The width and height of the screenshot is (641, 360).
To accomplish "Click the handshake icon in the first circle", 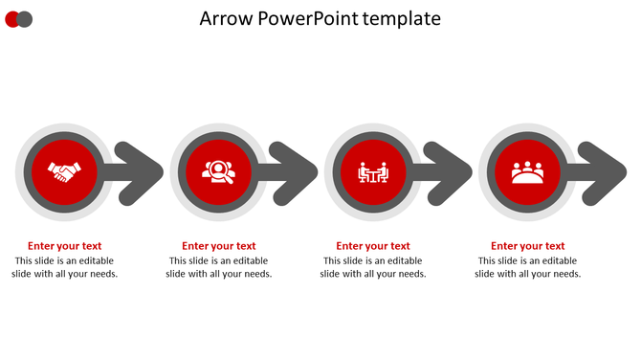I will click(x=64, y=172).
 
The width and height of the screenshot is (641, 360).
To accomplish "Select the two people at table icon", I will click(x=373, y=172).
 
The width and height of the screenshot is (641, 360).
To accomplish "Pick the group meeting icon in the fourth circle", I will click(x=527, y=172).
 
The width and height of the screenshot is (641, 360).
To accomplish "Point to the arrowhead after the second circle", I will click(x=296, y=172).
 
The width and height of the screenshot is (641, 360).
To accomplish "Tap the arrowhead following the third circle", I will click(x=451, y=172).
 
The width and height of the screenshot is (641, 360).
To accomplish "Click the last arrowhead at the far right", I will click(x=605, y=172).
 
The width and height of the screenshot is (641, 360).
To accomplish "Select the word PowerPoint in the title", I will click(x=307, y=19).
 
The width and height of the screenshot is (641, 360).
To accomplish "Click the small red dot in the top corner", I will click(x=12, y=19).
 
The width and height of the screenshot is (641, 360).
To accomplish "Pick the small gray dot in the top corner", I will click(x=26, y=19).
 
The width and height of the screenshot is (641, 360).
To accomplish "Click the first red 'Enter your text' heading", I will click(x=64, y=246).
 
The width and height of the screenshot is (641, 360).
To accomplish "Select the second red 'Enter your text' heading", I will click(x=219, y=246).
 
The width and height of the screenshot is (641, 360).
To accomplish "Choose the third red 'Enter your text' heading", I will click(x=373, y=246).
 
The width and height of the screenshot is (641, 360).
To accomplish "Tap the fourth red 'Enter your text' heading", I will click(x=527, y=246).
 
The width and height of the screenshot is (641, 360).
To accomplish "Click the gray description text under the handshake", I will click(x=64, y=267).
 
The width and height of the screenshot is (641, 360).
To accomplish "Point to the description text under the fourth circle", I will click(x=527, y=267).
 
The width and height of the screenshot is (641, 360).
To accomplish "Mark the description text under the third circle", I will click(x=373, y=267).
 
